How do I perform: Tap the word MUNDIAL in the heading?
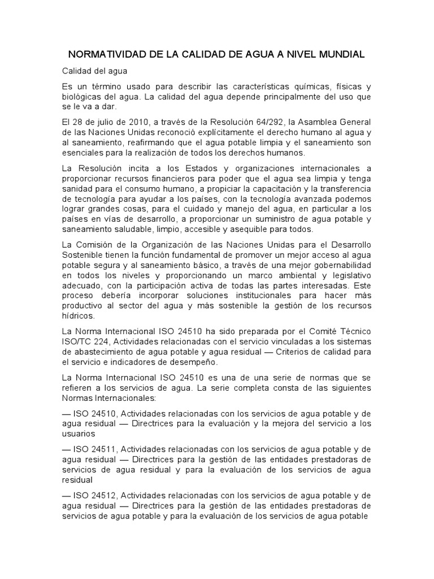click(x=338, y=55)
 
